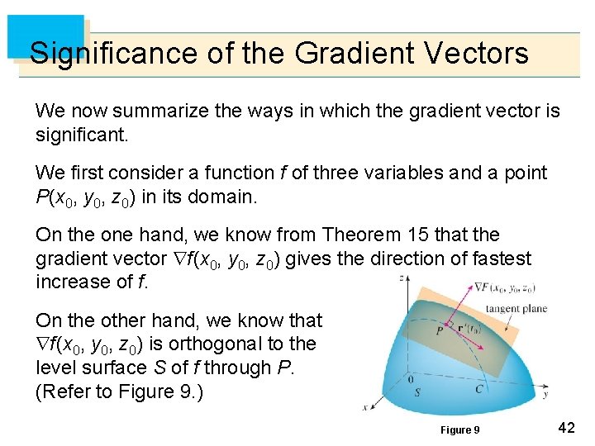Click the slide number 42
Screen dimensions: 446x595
pyautogui.click(x=566, y=427)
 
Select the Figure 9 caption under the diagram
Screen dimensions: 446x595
pyautogui.click(x=460, y=429)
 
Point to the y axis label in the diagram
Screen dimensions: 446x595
pyautogui.click(x=545, y=394)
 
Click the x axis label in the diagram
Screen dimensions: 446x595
pyautogui.click(x=365, y=406)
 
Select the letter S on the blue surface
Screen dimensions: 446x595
pyautogui.click(x=416, y=392)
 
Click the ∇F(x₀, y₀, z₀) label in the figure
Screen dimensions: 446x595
pyautogui.click(x=504, y=288)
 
